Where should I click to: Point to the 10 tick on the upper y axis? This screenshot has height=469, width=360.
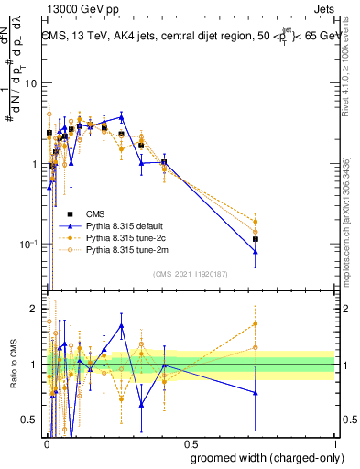30,83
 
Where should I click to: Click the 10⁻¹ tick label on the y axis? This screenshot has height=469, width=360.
27,245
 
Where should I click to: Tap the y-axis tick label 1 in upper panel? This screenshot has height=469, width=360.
34,164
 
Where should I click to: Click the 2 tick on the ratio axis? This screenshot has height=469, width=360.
34,310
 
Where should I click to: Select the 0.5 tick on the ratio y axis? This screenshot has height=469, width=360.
29,420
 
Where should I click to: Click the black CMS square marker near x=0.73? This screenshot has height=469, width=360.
256,239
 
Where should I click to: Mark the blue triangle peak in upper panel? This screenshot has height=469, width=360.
121,117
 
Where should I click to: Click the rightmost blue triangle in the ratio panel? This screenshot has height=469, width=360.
256,393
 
